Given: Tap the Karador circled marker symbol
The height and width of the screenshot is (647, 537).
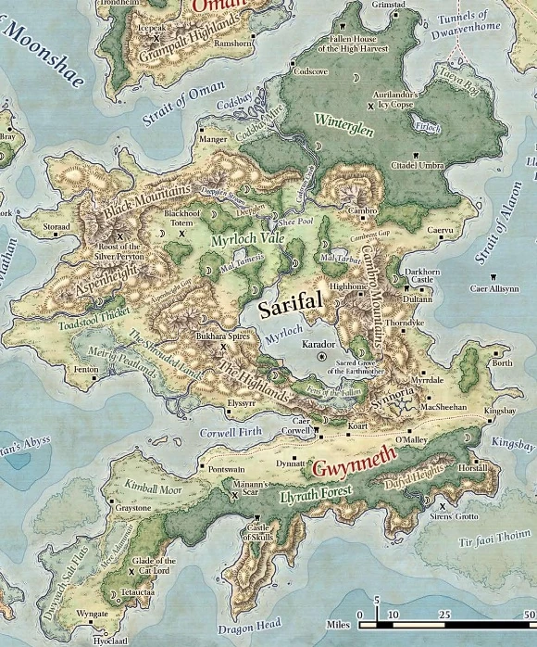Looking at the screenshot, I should coord(322,356).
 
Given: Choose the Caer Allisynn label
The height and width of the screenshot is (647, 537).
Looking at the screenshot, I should coord(493,288).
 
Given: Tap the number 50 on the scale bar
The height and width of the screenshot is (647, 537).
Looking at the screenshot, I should coord(528,614).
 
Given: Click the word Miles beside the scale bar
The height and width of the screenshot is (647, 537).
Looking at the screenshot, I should coord(338,625).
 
